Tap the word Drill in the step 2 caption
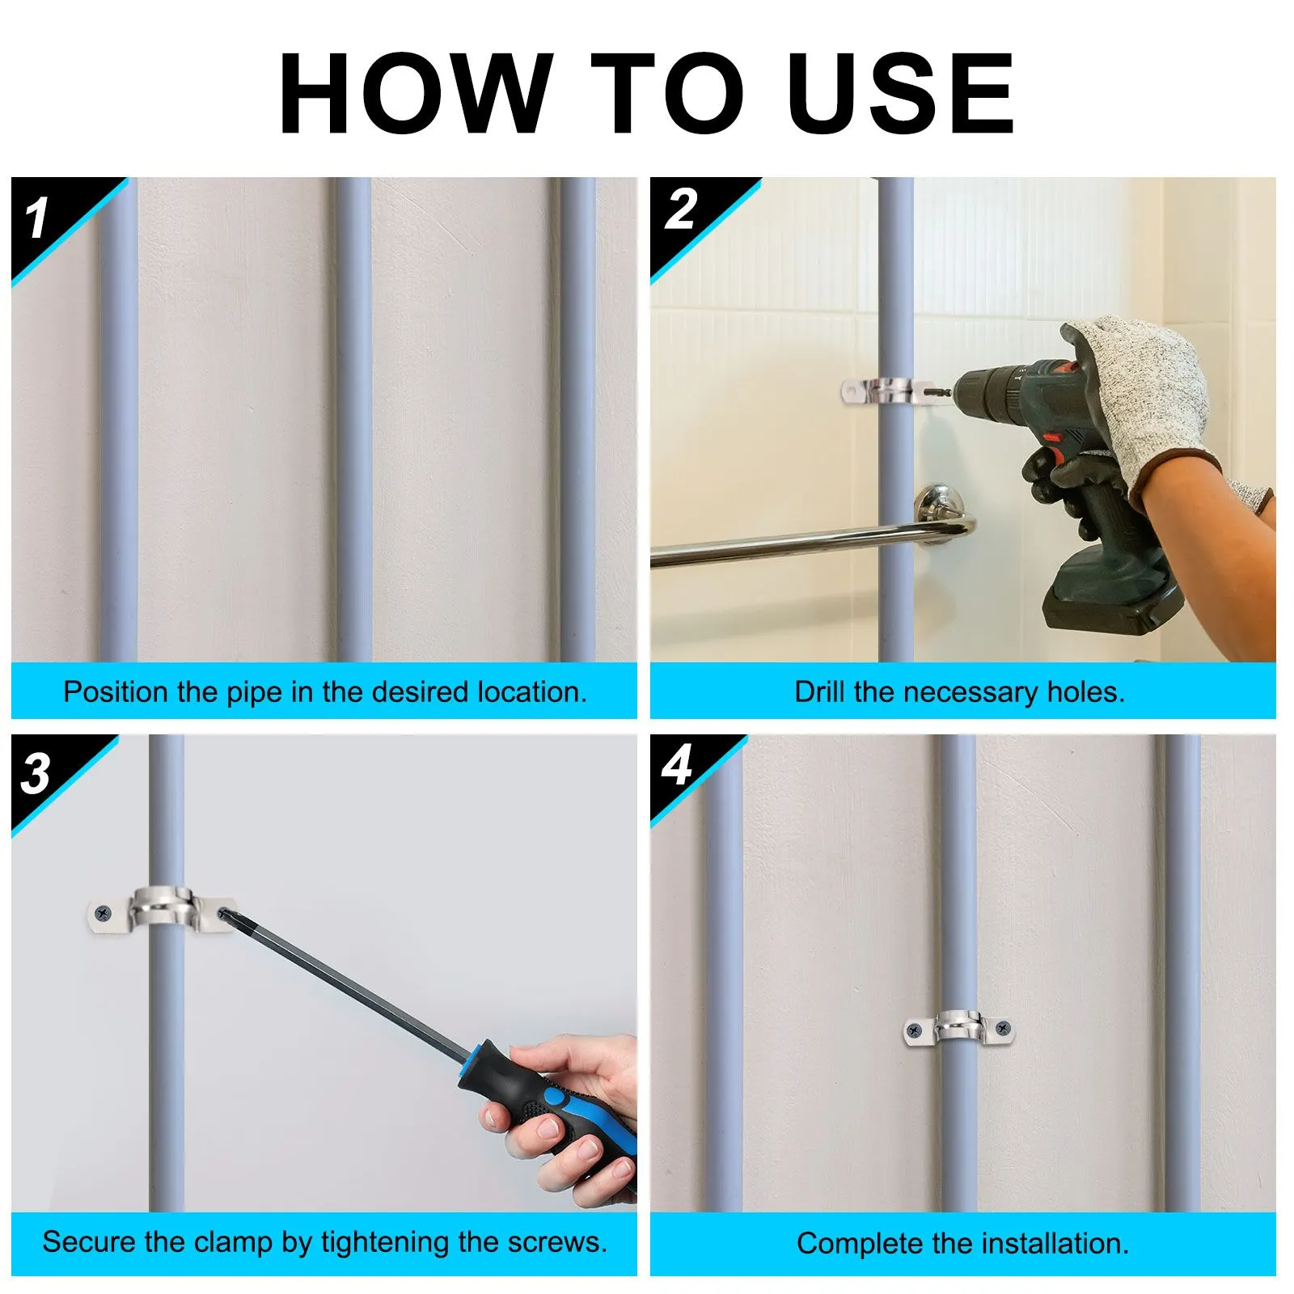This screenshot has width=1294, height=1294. point(820,691)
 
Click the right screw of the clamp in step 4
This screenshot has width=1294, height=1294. point(1003,1029)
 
